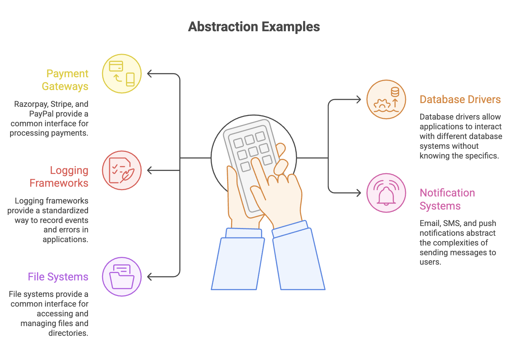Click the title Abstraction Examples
(254, 27)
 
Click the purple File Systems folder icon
(122, 277)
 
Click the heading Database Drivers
(460, 99)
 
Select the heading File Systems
(58, 277)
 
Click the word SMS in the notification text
(452, 223)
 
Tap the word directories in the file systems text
(68, 333)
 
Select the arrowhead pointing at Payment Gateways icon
(150, 74)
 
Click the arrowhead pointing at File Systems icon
(150, 277)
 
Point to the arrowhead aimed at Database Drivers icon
(359, 99)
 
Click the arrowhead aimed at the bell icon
(359, 193)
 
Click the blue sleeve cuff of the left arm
(244, 233)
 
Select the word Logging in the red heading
(69, 170)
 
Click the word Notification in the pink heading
(447, 193)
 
